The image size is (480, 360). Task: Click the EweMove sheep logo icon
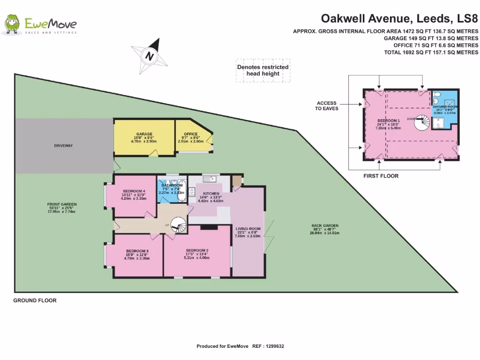[13, 24]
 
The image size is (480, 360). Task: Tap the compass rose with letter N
[150, 55]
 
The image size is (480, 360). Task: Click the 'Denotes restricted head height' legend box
[262, 70]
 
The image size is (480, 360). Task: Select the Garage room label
[144, 134]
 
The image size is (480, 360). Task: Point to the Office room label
[190, 134]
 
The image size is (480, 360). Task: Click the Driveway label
[63, 146]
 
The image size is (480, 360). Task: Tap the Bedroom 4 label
[134, 191]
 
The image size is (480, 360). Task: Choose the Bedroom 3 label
[137, 251]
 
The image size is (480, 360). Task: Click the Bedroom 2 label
[197, 250]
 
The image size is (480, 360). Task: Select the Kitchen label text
[211, 194]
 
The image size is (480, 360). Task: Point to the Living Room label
[248, 229]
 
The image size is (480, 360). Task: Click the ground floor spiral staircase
[179, 226]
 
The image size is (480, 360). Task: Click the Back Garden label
[325, 226]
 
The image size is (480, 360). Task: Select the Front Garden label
[62, 204]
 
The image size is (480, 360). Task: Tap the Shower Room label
[445, 107]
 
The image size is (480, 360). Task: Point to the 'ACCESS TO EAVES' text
[327, 105]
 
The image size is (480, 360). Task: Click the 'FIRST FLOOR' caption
[381, 176]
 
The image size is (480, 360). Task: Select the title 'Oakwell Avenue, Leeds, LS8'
[399, 19]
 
